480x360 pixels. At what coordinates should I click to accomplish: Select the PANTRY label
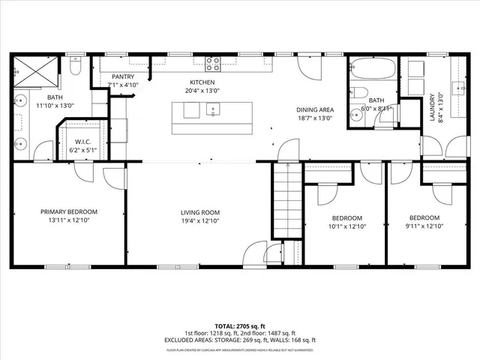[x=122, y=77]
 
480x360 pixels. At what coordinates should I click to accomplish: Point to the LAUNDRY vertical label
[x=431, y=106]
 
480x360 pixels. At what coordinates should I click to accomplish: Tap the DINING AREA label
[x=314, y=109]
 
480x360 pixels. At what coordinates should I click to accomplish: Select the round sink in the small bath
[x=386, y=111]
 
